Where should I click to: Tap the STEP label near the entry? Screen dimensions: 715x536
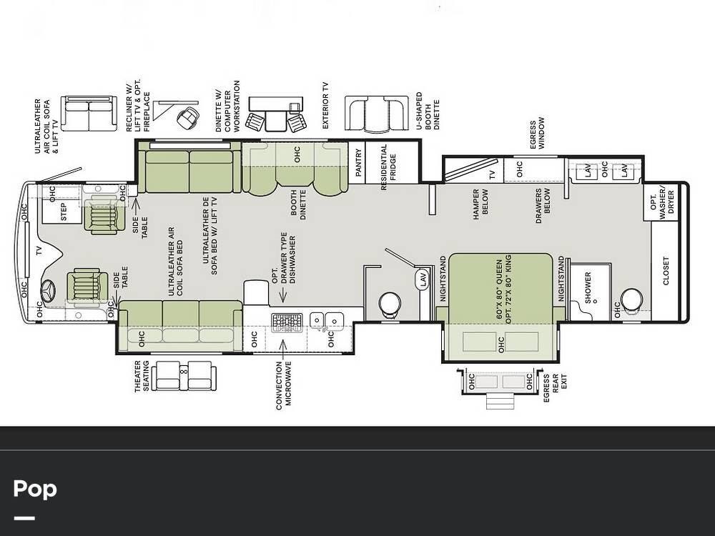point(64,212)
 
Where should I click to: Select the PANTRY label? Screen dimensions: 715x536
point(358,162)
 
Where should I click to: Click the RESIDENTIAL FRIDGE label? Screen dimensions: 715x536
point(388,167)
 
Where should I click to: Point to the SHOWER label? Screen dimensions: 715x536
point(588,287)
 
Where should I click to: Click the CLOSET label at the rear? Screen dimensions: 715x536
point(666,271)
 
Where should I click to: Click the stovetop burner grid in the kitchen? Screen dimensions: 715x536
point(287,322)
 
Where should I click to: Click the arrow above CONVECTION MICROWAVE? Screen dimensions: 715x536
point(283,349)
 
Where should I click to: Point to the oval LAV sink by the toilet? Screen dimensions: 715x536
point(423,279)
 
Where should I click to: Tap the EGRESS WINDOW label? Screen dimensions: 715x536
point(537,133)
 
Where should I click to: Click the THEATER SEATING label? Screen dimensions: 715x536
point(142,376)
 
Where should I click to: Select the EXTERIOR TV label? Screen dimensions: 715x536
point(325,105)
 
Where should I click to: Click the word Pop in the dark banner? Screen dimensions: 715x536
point(35,490)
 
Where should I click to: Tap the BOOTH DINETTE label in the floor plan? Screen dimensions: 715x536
point(298,204)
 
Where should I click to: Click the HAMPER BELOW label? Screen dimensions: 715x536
point(480,204)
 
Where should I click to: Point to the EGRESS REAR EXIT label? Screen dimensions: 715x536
point(555,388)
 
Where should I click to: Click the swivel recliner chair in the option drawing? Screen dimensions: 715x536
point(187,118)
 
